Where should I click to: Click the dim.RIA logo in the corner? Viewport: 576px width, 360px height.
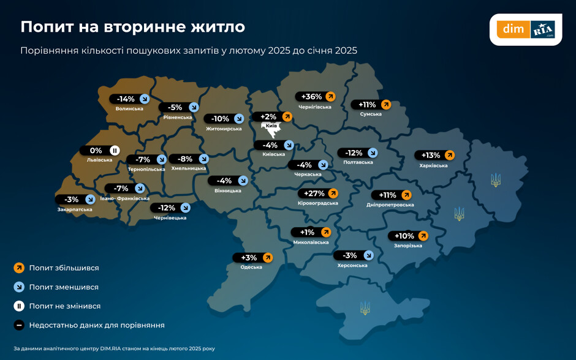click(x=526, y=29)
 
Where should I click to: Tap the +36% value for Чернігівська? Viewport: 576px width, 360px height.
click(x=312, y=97)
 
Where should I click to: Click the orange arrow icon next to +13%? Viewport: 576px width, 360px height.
click(x=449, y=156)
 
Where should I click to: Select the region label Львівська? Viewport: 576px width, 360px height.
click(x=100, y=160)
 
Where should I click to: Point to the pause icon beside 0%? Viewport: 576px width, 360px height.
click(x=115, y=151)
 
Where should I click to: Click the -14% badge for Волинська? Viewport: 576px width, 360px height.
click(x=126, y=99)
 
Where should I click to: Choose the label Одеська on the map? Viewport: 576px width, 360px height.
click(x=251, y=267)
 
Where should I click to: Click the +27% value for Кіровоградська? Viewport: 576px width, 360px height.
click(x=314, y=193)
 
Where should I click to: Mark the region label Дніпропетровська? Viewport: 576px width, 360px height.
click(x=390, y=204)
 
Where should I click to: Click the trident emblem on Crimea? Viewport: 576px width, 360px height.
click(x=365, y=307)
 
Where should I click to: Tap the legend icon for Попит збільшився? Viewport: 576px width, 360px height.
click(x=19, y=268)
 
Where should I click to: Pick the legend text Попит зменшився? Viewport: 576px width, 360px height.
click(x=64, y=287)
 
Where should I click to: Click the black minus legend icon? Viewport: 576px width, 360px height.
click(x=19, y=325)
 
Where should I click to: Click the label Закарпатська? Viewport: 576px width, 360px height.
click(x=75, y=209)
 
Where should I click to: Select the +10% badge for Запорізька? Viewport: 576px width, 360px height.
click(x=404, y=236)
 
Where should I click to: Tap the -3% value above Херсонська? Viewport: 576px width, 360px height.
click(x=350, y=255)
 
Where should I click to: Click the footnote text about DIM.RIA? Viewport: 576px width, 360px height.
click(x=114, y=348)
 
